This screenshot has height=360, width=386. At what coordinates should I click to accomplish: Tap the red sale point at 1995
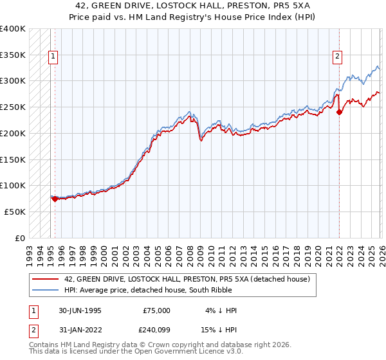(x=55, y=199)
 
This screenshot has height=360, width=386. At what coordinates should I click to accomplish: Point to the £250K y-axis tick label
(x=13, y=107)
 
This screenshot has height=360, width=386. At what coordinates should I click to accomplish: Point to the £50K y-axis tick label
(x=15, y=212)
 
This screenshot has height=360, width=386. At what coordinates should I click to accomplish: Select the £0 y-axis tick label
(x=21, y=238)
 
